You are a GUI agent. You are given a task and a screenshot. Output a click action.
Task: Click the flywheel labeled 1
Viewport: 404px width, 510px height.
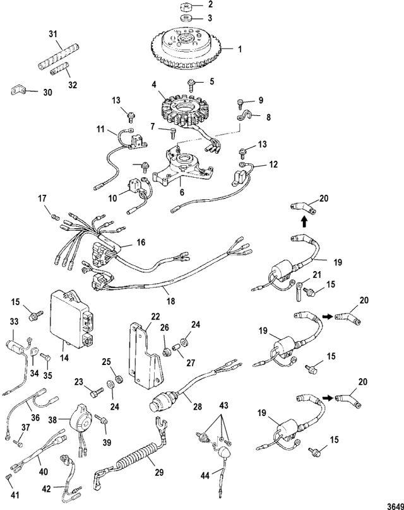click(x=187, y=49)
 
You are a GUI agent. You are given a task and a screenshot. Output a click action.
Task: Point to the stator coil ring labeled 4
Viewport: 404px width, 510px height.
click(x=184, y=109)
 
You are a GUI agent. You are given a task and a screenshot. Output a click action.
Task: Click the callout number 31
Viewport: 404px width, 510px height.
click(x=53, y=34)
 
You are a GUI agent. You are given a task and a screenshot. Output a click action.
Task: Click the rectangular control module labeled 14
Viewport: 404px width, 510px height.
click(x=73, y=320)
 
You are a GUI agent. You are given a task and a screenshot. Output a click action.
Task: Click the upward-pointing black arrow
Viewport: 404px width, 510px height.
click(x=304, y=222)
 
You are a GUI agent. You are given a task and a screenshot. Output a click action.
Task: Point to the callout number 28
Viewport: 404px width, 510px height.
click(x=197, y=407)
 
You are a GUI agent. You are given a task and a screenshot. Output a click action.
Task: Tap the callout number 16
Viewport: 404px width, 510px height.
click(x=141, y=242)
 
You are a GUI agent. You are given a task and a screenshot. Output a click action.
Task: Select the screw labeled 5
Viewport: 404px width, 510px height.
click(x=191, y=84)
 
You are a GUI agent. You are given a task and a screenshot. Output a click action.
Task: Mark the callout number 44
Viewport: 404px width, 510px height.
click(x=205, y=475)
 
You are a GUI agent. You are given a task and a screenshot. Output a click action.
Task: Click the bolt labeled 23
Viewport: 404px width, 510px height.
click(x=97, y=392)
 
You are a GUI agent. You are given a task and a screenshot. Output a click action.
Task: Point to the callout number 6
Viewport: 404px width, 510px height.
click(x=182, y=192)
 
